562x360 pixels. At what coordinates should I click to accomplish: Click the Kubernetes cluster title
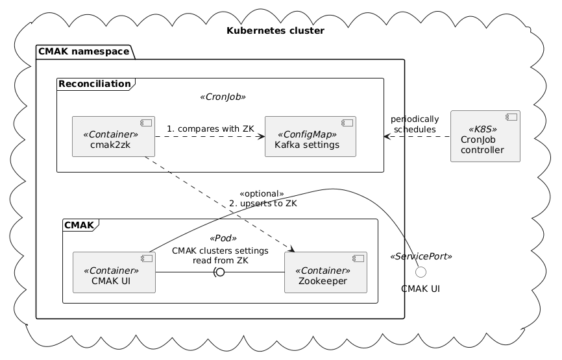click(x=276, y=31)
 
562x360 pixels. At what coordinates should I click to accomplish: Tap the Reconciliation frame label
click(x=93, y=83)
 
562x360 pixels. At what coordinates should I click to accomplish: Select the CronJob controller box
click(x=485, y=136)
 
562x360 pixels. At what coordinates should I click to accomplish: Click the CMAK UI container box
click(x=114, y=272)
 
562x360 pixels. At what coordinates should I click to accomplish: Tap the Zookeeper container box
click(x=325, y=272)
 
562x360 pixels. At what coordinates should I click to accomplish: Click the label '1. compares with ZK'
click(x=210, y=128)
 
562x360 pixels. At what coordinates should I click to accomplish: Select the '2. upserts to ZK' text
click(x=263, y=204)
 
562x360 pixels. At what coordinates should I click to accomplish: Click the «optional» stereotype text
click(x=262, y=194)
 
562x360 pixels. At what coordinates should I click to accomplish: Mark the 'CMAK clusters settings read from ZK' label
click(x=219, y=256)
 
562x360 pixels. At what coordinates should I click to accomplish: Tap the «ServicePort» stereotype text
click(x=421, y=257)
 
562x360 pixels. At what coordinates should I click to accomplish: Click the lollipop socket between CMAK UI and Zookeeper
click(x=219, y=272)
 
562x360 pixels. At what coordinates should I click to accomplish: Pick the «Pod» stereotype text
click(x=220, y=238)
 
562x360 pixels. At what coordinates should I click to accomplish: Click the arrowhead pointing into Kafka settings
click(x=261, y=137)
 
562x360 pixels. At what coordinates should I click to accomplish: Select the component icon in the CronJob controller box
click(x=510, y=119)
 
